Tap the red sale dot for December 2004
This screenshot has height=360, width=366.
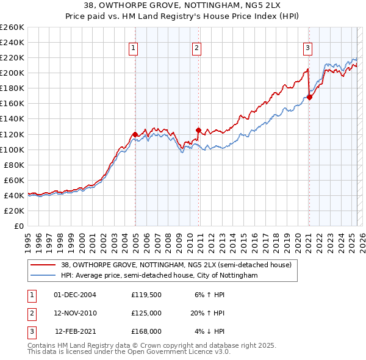click(135, 134)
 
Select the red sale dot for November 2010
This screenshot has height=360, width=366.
click(198, 130)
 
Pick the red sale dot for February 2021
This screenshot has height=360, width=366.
click(309, 97)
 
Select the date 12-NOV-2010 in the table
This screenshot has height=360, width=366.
click(75, 313)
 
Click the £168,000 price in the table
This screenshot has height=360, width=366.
click(146, 331)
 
